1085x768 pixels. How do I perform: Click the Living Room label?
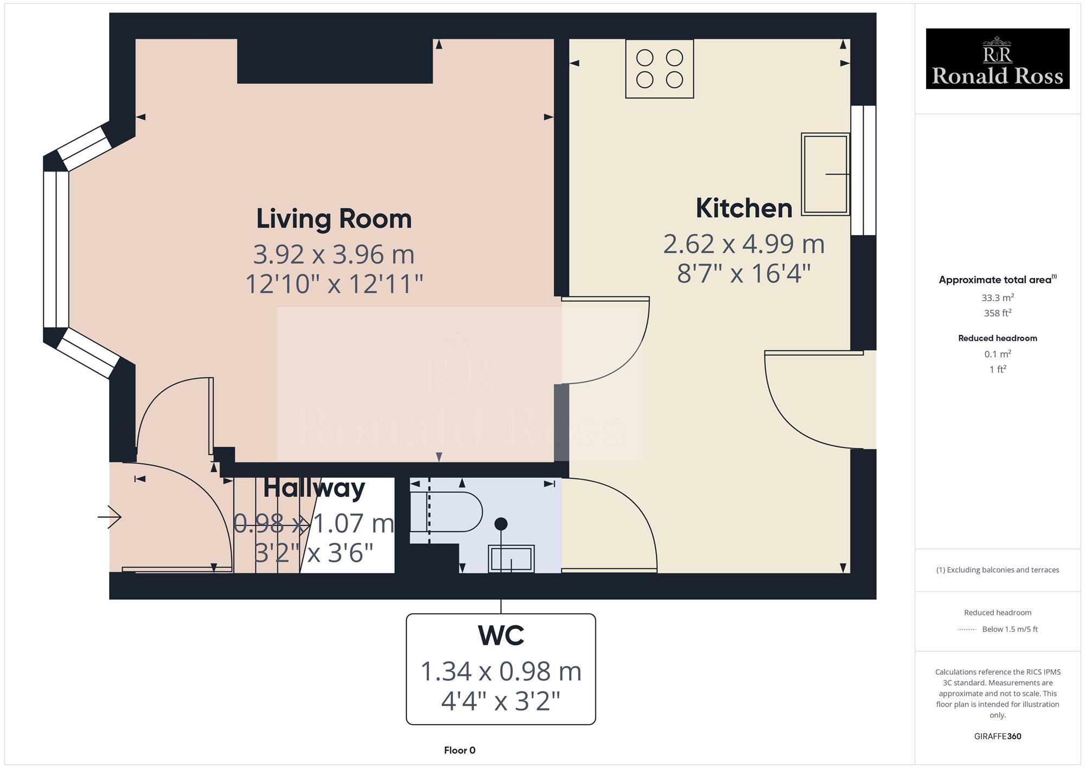(x=334, y=219)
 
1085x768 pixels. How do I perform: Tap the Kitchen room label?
(x=744, y=208)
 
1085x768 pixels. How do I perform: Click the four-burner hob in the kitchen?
(x=659, y=68)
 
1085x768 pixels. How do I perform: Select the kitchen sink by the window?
(x=825, y=174)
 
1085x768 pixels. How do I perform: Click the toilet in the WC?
(x=448, y=512)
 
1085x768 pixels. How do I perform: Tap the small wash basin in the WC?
(x=512, y=558)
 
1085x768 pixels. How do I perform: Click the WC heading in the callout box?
(x=501, y=636)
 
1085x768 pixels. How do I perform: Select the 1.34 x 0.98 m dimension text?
(x=501, y=671)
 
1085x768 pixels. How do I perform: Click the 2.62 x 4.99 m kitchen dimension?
(x=744, y=244)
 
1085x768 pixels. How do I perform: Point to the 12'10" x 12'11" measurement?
(x=334, y=284)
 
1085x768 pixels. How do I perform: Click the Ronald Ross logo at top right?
(x=997, y=59)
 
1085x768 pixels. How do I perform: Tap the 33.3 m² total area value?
(x=997, y=297)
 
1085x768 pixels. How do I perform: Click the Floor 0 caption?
(x=459, y=750)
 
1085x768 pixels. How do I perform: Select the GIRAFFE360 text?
(x=997, y=737)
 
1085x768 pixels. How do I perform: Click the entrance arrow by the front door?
(x=110, y=517)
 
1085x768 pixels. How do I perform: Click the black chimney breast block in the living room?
(x=335, y=61)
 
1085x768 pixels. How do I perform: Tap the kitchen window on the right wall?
(x=863, y=170)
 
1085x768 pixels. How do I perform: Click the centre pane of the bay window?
(x=56, y=250)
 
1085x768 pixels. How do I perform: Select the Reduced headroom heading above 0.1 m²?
(x=997, y=338)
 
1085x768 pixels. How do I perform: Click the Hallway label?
(x=314, y=487)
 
